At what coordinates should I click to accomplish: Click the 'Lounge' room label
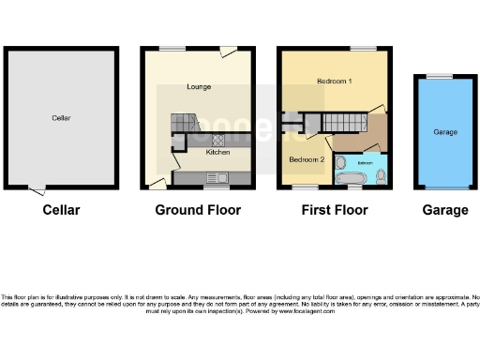(198, 87)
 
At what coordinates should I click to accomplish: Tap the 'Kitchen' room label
(217, 152)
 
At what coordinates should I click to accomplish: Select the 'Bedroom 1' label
(334, 82)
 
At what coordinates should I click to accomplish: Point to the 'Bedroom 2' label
(307, 160)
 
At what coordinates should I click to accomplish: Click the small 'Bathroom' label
(366, 163)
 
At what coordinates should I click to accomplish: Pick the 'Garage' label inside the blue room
(445, 132)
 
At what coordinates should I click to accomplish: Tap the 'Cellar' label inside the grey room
(62, 118)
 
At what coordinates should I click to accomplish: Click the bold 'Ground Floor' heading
(198, 210)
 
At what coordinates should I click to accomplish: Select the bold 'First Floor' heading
(335, 210)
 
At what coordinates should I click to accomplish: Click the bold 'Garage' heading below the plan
(444, 210)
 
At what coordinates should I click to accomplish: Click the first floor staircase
(342, 120)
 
